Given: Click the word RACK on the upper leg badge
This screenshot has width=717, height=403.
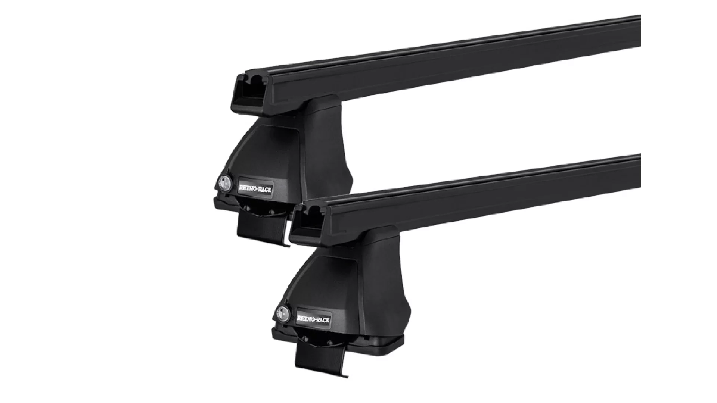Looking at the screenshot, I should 265,189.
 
